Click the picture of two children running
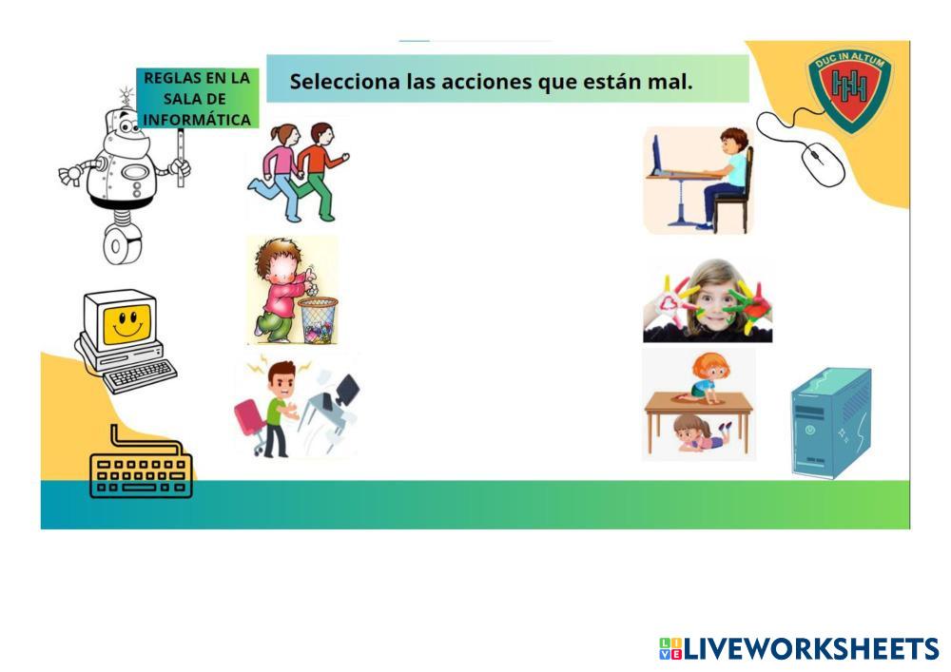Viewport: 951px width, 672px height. coord(298,172)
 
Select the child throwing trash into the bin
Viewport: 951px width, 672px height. coord(281,290)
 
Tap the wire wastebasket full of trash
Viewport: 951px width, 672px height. coord(318,320)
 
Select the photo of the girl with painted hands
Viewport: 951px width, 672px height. coord(708,300)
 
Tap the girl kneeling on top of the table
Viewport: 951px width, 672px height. coord(706,377)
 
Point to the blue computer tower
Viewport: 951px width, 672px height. coord(831,422)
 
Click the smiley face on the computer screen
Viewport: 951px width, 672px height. coord(126,323)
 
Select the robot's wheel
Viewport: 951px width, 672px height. coord(122,245)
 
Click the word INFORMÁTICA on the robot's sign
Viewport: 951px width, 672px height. coord(197,120)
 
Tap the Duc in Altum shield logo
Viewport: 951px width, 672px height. coord(849,89)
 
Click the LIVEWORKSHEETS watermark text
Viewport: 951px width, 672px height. coord(800,648)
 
